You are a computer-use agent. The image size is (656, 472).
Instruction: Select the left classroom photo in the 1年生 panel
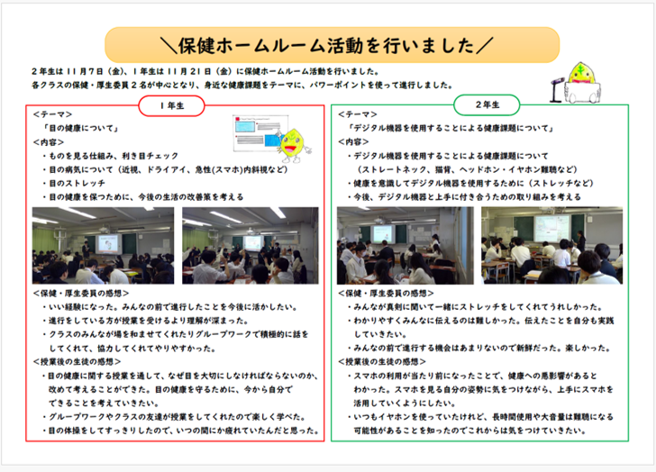point(104,245)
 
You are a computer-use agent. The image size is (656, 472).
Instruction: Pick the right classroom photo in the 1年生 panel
point(250,245)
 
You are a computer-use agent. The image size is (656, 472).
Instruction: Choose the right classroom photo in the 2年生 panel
point(551,245)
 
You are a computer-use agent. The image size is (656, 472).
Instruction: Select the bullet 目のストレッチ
point(80,182)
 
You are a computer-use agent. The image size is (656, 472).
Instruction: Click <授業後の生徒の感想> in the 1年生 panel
point(77,360)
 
